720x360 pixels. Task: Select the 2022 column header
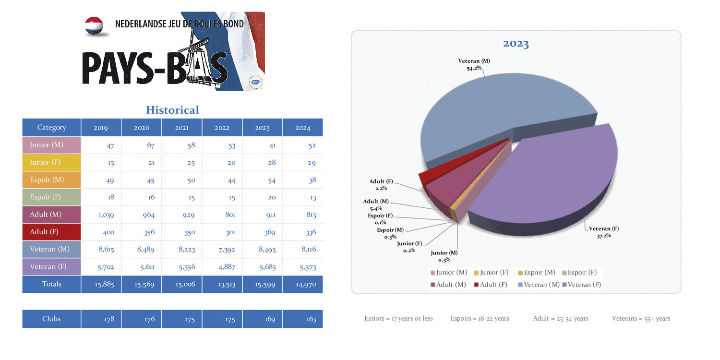[x=222, y=128]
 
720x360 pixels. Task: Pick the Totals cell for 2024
[x=303, y=284]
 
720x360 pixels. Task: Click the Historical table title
[x=172, y=110]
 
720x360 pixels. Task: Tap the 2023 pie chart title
[x=516, y=44]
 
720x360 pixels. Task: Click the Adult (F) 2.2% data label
[x=381, y=185]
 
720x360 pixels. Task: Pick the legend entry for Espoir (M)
[x=537, y=273]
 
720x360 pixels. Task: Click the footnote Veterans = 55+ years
[x=641, y=318]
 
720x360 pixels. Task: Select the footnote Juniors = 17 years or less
[x=398, y=318]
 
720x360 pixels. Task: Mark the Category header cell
[x=51, y=128]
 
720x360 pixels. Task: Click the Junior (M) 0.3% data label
[x=444, y=256]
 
